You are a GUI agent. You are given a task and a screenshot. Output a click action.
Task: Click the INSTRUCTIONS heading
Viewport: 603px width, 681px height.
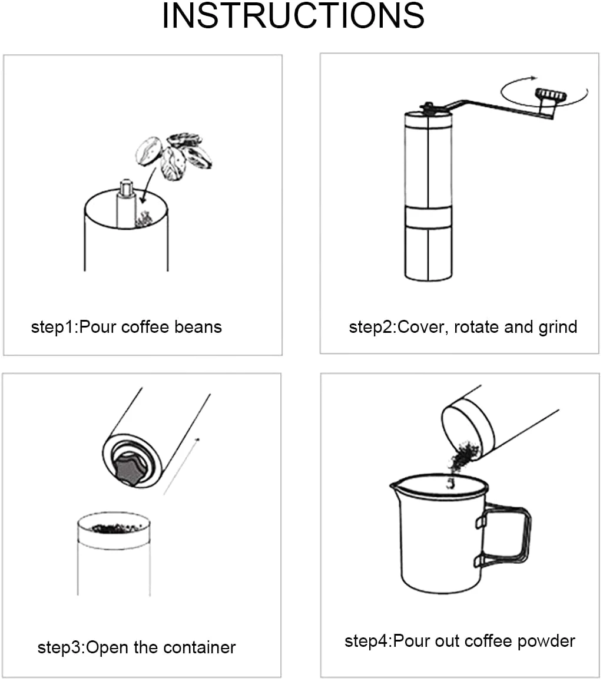(293, 16)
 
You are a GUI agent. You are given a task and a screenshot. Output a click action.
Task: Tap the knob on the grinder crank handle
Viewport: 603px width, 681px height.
(551, 95)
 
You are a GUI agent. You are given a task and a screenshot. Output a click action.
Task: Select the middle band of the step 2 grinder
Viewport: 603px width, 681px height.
(428, 217)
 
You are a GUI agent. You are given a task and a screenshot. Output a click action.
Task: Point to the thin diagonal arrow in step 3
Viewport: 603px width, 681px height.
(181, 467)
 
